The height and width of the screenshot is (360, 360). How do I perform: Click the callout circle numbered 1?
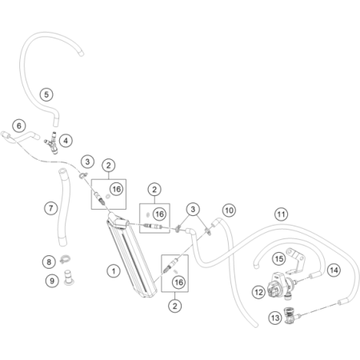click(114, 271)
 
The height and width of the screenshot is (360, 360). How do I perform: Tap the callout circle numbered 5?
click(46, 94)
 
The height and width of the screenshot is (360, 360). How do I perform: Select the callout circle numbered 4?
click(66, 140)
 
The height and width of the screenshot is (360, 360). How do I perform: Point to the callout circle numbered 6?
click(19, 126)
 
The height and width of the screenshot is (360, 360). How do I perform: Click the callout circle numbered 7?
click(51, 208)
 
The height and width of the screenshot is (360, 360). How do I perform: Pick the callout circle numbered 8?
click(49, 262)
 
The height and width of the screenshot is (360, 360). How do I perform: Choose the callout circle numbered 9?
click(52, 281)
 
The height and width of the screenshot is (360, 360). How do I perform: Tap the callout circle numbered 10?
click(229, 210)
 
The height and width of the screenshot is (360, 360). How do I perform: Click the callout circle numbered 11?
click(281, 214)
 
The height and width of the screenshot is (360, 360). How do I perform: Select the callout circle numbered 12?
click(258, 292)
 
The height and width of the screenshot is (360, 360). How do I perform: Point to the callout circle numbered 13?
click(275, 318)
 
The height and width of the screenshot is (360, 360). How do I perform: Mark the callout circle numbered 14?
click(334, 270)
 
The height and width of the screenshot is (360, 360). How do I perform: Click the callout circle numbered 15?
click(279, 258)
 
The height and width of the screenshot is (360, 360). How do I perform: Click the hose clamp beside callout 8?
click(65, 259)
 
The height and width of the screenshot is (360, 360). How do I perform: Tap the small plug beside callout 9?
click(69, 278)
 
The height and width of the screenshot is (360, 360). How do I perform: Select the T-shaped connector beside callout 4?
click(52, 143)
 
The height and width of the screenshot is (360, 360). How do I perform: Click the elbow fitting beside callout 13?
click(291, 316)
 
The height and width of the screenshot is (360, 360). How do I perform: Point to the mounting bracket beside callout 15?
click(294, 261)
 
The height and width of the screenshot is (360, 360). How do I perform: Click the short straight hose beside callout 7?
click(64, 207)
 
